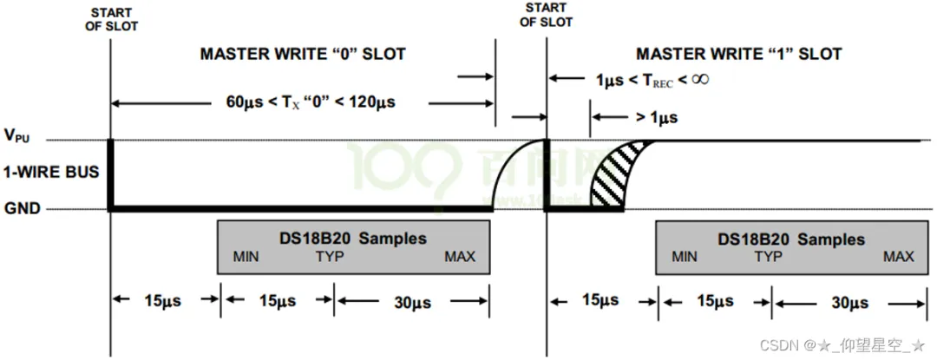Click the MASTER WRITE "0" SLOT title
(x=303, y=54)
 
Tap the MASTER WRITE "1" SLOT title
(x=738, y=54)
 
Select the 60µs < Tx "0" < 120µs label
(x=310, y=102)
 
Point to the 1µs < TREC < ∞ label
(x=652, y=79)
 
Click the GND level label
(x=22, y=209)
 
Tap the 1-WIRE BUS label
(x=51, y=173)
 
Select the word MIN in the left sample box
(x=246, y=257)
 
